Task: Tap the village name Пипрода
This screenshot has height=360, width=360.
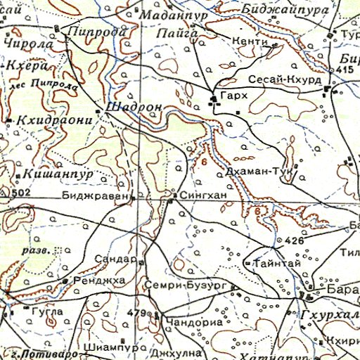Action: point(96,32)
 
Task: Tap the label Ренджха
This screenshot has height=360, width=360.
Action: point(94,281)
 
